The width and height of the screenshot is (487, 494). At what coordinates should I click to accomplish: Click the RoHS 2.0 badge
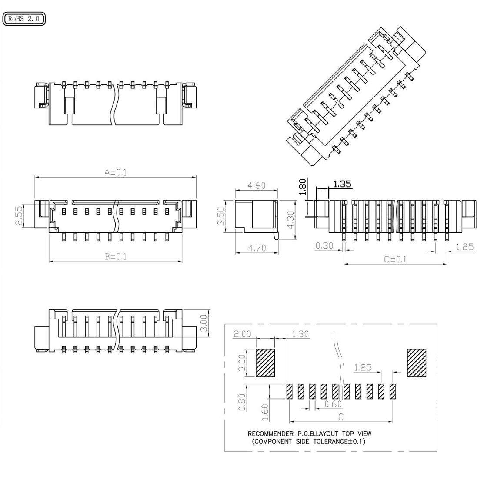(24, 19)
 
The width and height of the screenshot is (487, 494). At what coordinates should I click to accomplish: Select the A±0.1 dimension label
(116, 172)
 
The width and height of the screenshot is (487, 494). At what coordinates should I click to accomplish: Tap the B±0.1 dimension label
(116, 256)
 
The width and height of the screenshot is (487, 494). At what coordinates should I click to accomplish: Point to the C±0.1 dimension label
(395, 259)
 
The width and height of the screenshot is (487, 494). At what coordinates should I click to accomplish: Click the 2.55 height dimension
(19, 216)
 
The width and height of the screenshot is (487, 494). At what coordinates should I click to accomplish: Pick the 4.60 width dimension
(257, 185)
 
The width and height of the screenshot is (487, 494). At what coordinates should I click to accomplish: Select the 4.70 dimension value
(257, 248)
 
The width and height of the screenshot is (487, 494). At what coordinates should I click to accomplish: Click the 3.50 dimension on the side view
(221, 216)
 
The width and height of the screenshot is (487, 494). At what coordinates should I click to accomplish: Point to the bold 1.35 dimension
(342, 184)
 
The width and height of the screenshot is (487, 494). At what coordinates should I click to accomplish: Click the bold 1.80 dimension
(302, 187)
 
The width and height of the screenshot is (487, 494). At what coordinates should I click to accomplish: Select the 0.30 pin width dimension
(324, 245)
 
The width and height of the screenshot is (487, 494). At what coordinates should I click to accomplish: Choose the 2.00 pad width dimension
(242, 334)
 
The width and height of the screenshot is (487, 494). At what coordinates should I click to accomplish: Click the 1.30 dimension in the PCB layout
(300, 334)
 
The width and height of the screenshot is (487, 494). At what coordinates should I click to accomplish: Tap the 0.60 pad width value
(333, 403)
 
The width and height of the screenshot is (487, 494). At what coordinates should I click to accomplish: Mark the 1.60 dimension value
(265, 412)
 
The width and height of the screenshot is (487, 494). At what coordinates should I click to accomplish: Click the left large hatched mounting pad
(265, 363)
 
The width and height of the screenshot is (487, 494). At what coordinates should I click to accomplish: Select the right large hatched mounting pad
(417, 363)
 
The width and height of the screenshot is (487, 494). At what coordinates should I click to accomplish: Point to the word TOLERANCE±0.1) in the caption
(339, 441)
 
